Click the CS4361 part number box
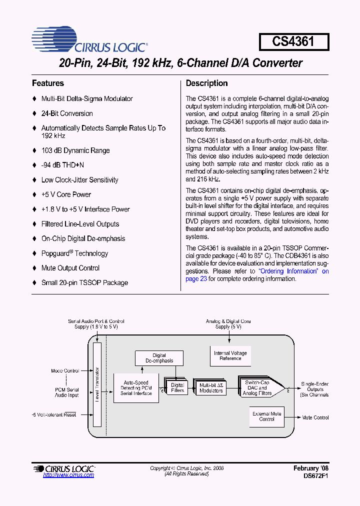coord(293,41)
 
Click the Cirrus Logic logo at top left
coord(89,40)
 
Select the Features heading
coord(48,83)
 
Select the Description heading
coord(206,83)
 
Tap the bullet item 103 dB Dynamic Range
coord(75,150)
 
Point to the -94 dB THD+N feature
coord(62,165)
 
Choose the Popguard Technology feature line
coord(74,253)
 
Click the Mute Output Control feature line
coord(70,268)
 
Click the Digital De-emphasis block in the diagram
coord(159,358)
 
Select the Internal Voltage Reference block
coord(230,355)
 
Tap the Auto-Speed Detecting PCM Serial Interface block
coord(135,388)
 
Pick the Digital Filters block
coord(177,387)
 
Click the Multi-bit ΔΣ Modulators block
coord(211,387)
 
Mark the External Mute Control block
coord(266,416)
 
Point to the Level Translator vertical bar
coord(97,385)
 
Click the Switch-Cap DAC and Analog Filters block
coord(257,387)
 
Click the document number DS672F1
coord(316,476)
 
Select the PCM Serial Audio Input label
coord(66,392)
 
